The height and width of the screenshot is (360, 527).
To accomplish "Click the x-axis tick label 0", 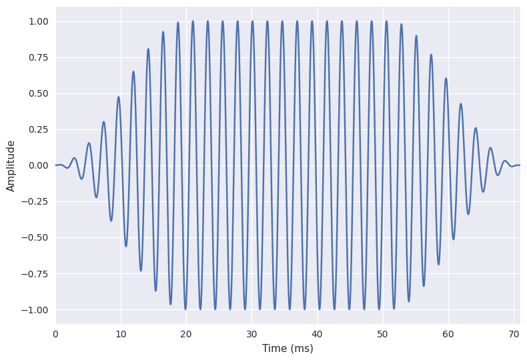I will [x=55, y=333].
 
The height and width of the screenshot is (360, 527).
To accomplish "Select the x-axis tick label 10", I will [x=121, y=333].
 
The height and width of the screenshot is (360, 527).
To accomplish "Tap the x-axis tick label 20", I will [x=186, y=333].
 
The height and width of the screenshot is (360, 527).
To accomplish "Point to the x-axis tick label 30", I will [x=251, y=333].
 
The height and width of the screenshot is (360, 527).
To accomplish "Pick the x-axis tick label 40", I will [x=317, y=333].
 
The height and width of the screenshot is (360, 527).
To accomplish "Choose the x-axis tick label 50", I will [x=382, y=333].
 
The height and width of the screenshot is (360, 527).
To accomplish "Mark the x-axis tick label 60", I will [x=448, y=333].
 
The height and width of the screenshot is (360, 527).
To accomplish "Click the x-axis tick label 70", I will [x=513, y=333].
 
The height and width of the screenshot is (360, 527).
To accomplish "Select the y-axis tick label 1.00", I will [x=39, y=21].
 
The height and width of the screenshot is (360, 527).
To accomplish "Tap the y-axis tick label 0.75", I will [x=39, y=57].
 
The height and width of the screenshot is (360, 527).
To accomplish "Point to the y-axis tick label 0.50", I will [x=39, y=93].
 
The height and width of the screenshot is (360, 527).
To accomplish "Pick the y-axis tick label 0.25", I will [x=39, y=129].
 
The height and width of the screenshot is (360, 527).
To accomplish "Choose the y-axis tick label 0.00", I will [x=39, y=165].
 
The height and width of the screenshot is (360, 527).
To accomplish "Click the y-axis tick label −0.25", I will [x=36, y=201].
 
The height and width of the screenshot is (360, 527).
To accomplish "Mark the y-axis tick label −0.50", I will [x=36, y=237].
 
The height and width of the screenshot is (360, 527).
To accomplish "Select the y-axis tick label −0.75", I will [x=36, y=273].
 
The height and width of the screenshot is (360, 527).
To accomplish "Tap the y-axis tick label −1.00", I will [x=36, y=309].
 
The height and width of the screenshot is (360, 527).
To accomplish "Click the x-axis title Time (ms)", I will [x=288, y=348].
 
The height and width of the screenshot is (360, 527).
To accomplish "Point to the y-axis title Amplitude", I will [x=11, y=165].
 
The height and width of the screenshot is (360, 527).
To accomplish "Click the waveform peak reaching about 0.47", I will [x=119, y=97].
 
